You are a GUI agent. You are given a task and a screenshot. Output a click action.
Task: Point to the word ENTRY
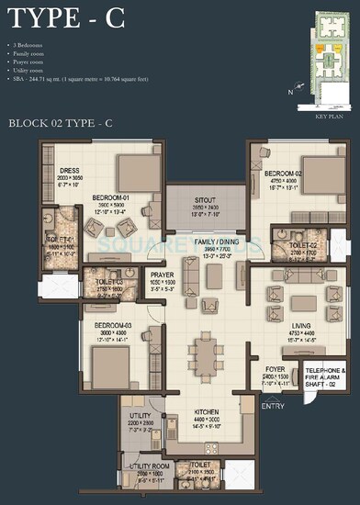(x=274, y=405)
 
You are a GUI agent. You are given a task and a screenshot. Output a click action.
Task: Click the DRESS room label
(x=71, y=171)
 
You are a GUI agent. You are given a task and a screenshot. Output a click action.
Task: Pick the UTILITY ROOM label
(x=148, y=466)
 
